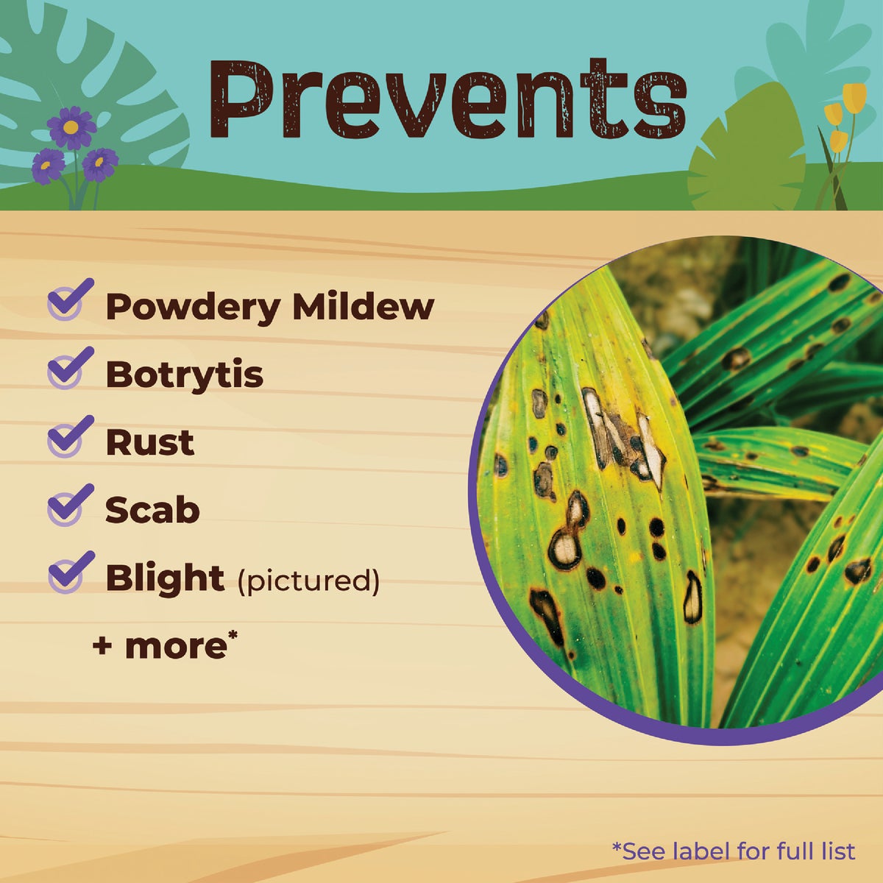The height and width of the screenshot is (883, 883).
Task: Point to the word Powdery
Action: tap(192, 308)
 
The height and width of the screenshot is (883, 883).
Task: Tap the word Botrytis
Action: tap(184, 375)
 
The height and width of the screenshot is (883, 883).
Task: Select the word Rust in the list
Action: tap(149, 442)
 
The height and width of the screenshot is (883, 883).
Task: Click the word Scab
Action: tap(152, 510)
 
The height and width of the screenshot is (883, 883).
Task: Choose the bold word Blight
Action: tap(165, 578)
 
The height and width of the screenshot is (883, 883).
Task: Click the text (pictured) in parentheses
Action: tap(308, 581)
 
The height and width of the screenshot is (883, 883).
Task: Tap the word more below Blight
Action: tap(177, 646)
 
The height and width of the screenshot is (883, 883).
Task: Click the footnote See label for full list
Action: tap(734, 851)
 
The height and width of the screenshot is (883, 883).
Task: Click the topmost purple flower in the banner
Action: tap(71, 127)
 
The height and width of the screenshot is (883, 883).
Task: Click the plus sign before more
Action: tap(103, 647)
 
